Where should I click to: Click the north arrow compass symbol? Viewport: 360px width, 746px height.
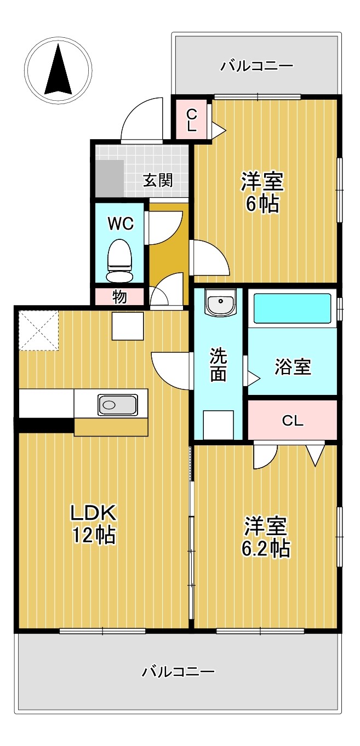click(x=58, y=70)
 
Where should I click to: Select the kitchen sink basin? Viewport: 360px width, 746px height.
click(x=117, y=405)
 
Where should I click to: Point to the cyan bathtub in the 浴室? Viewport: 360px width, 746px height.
click(x=293, y=308)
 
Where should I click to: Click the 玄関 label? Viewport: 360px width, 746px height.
click(x=158, y=180)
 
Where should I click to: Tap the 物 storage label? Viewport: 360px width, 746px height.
click(x=119, y=297)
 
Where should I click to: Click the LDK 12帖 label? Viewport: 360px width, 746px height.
click(x=93, y=524)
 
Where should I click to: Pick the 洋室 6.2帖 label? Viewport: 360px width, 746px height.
click(x=266, y=537)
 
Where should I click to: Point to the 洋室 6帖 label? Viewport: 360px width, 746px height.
click(x=262, y=192)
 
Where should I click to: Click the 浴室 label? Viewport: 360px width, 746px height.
click(x=293, y=367)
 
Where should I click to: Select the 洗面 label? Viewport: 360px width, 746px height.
click(x=218, y=365)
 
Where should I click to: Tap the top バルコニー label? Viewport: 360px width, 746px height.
click(x=257, y=67)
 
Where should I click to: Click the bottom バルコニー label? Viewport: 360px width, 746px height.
click(x=179, y=672)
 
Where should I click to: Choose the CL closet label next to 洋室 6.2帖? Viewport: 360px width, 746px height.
click(x=292, y=421)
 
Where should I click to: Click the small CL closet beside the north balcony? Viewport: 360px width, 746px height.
click(x=191, y=119)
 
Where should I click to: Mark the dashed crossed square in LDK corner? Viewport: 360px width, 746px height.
click(x=38, y=330)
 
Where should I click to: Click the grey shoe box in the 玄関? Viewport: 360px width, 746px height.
click(x=110, y=178)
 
